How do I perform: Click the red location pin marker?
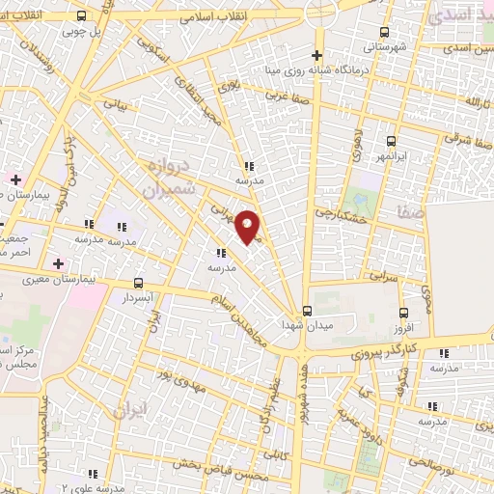[248, 226]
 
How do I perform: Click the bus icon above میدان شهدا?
[308, 311]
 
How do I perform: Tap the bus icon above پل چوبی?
[81, 16]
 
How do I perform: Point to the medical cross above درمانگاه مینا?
[317, 54]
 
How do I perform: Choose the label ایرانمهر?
[390, 154]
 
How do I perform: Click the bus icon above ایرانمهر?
[391, 141]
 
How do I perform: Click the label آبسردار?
[142, 297]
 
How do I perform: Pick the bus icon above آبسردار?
[141, 284]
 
